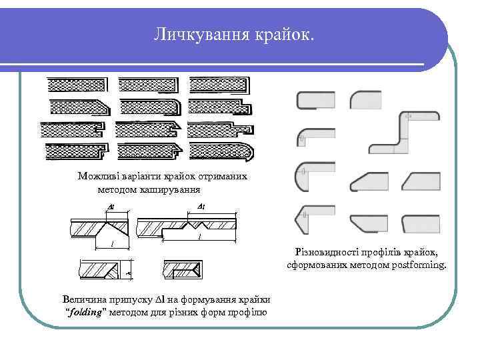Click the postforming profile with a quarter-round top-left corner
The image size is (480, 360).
tap(365, 100)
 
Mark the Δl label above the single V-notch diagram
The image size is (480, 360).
tap(112, 206)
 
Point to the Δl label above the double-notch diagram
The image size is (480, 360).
tap(202, 206)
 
